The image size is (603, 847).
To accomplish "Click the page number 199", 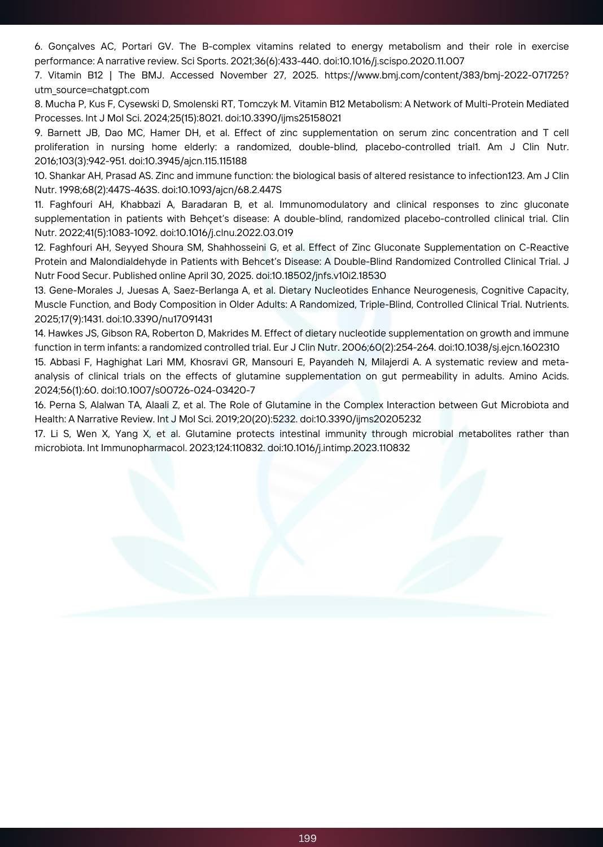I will tap(307, 838).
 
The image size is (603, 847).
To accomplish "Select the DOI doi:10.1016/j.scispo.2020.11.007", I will tap(394, 61).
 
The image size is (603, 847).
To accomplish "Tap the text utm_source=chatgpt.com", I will tap(92, 90).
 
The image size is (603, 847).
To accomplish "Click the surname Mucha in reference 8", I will tap(58, 104).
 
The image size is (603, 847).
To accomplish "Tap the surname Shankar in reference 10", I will tap(67, 176).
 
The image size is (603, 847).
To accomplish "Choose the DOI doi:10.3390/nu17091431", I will tap(159, 319).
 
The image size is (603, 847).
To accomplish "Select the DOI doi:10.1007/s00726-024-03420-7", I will tap(178, 390).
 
